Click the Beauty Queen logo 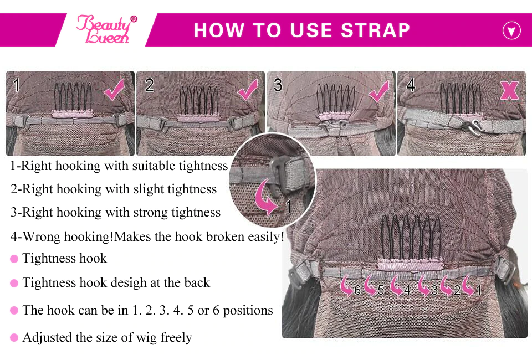(106, 29)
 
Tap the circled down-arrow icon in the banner (511, 30)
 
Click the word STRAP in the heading (375, 30)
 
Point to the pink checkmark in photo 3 (378, 91)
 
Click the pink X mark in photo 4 (509, 90)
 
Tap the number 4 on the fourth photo (411, 85)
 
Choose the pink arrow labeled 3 (424, 285)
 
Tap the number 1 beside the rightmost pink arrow (478, 290)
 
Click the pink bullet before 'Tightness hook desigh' (14, 283)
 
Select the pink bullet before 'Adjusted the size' (14, 338)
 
